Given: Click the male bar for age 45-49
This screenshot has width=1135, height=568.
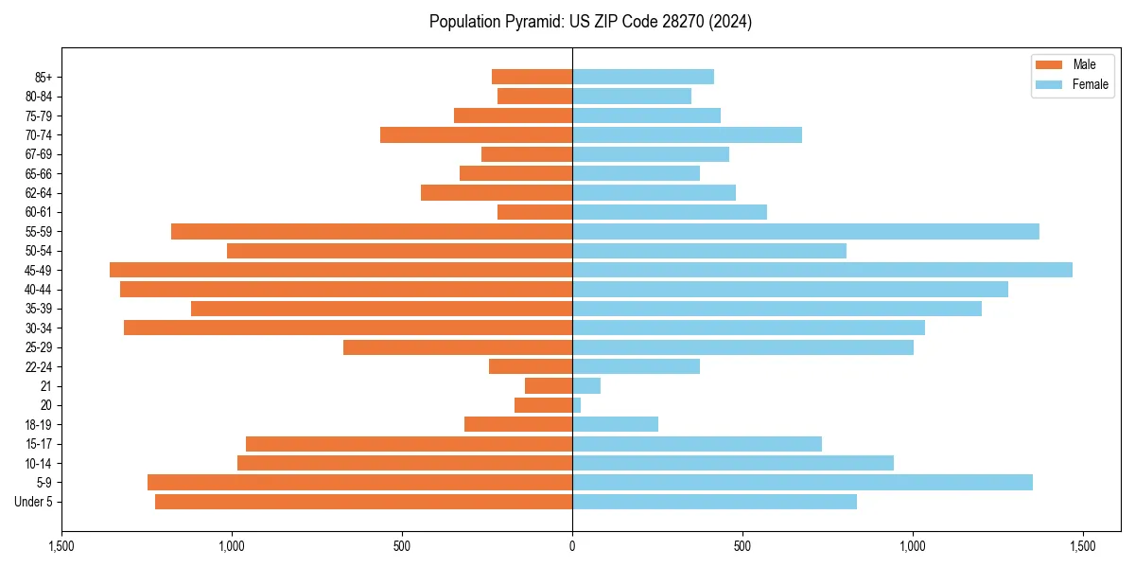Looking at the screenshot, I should pyautogui.click(x=340, y=270).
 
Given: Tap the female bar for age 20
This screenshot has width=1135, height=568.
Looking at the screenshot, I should pyautogui.click(x=577, y=405).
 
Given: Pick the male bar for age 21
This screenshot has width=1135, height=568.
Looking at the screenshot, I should pyautogui.click(x=549, y=385).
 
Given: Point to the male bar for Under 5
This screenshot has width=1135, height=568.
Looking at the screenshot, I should pyautogui.click(x=363, y=502).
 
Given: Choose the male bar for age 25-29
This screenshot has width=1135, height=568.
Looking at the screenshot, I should pyautogui.click(x=458, y=347).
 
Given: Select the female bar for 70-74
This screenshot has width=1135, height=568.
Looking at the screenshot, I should pyautogui.click(x=687, y=134).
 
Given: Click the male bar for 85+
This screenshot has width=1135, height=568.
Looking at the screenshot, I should pyautogui.click(x=532, y=77).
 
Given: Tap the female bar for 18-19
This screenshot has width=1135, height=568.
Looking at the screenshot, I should pyautogui.click(x=615, y=424).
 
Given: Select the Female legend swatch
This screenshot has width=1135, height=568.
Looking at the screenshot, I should pyautogui.click(x=1050, y=84).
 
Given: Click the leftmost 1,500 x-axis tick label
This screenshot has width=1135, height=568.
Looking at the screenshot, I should pyautogui.click(x=61, y=546).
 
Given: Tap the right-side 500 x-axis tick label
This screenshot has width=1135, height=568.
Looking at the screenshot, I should pyautogui.click(x=742, y=546).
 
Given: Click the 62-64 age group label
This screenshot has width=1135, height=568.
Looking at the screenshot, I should pyautogui.click(x=39, y=192).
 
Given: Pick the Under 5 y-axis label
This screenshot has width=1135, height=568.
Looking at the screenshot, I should pyautogui.click(x=34, y=502).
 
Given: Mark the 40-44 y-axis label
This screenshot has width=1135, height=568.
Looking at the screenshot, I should pyautogui.click(x=39, y=289).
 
